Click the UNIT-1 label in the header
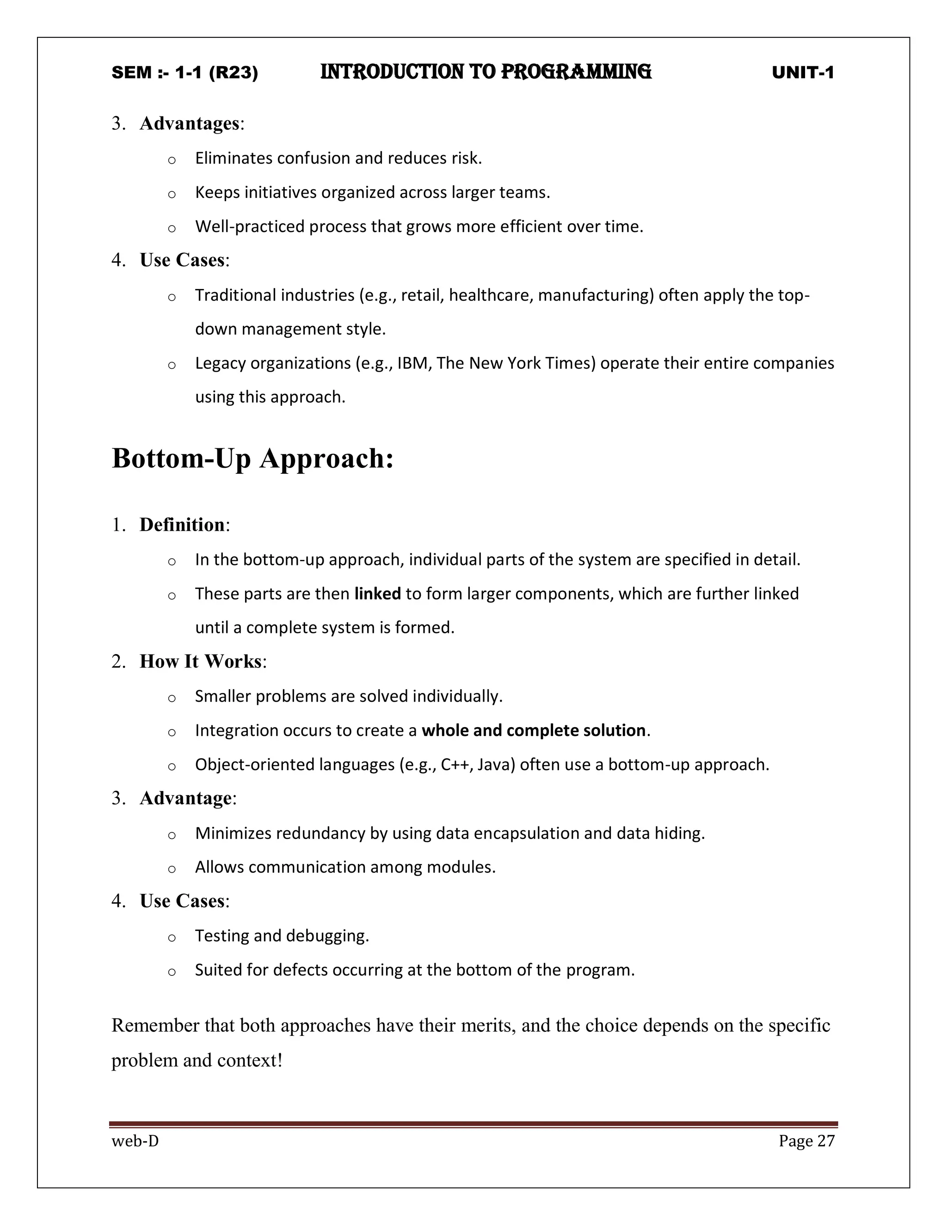(x=803, y=73)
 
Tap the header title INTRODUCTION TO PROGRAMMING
(x=486, y=73)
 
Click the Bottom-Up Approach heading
(x=252, y=458)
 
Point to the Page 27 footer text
(x=806, y=1141)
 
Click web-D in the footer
(x=135, y=1141)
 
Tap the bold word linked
(x=378, y=594)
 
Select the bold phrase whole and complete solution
(x=534, y=730)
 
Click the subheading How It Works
(x=200, y=661)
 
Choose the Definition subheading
(x=182, y=525)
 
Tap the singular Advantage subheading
(x=186, y=798)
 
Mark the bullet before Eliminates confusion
(x=172, y=160)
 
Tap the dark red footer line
(x=473, y=1125)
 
